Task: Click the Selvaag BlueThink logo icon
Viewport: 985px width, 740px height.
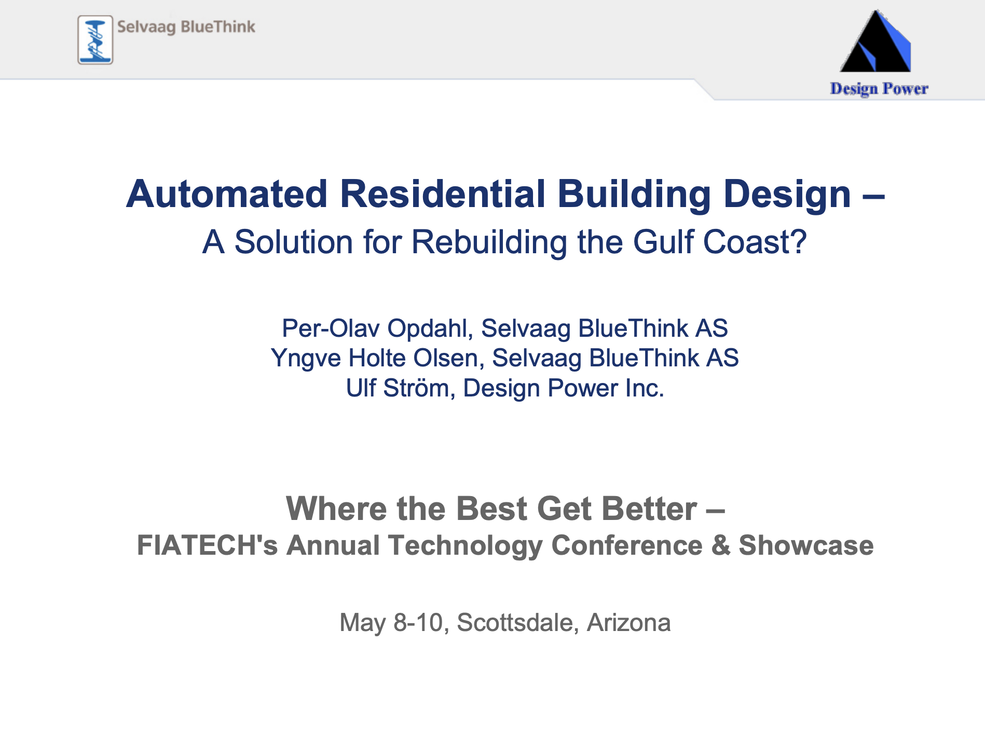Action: point(95,40)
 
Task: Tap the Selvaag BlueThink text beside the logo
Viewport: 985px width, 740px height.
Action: point(186,27)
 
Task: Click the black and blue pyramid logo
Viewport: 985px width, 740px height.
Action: point(875,40)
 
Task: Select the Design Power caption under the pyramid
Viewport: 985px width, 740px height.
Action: point(879,89)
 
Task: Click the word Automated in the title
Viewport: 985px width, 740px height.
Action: point(227,194)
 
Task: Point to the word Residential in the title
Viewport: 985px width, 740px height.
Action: point(442,194)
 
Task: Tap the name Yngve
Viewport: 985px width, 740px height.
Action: point(306,359)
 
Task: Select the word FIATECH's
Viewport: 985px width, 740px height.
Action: point(207,545)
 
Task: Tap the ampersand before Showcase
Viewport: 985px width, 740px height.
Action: point(720,545)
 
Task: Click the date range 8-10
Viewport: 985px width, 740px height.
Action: point(418,623)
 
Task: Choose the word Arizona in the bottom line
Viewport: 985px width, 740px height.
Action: point(628,623)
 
